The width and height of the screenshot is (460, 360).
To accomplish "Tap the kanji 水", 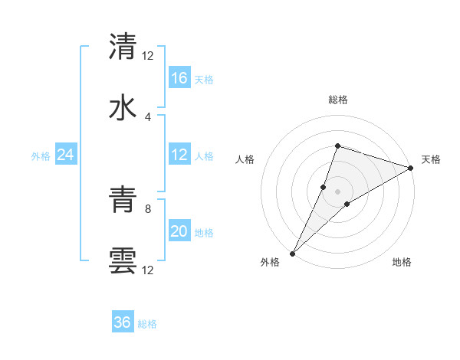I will pos(123,107).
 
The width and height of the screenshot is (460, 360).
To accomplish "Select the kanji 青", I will pos(123,200).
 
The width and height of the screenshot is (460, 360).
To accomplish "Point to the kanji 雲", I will pos(123,261).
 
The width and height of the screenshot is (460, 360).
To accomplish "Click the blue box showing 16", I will pos(179,78).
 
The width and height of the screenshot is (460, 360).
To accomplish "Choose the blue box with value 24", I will pos(66,155).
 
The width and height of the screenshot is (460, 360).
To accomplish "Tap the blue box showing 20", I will pos(179,231).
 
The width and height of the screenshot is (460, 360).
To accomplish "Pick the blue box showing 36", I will pos(123,322).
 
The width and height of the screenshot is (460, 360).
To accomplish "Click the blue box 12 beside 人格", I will pos(179,155).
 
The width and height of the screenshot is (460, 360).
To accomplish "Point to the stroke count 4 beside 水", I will pos(148,116).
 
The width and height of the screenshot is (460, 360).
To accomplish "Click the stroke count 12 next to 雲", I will pos(148,270).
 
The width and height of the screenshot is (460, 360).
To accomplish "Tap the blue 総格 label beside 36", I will pos(147,324).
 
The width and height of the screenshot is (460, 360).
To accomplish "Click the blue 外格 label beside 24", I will pos(41,155).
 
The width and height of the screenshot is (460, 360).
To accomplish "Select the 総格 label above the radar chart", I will pos(337,100).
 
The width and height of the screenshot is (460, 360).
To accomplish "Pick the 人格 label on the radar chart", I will pos(245,159).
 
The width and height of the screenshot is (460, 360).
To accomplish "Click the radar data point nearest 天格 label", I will pos(411,168).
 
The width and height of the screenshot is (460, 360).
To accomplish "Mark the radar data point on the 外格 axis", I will pos(292,254).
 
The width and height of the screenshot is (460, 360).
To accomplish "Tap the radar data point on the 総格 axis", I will pos(337,146).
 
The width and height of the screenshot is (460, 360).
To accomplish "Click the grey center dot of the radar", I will pos(337,191).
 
